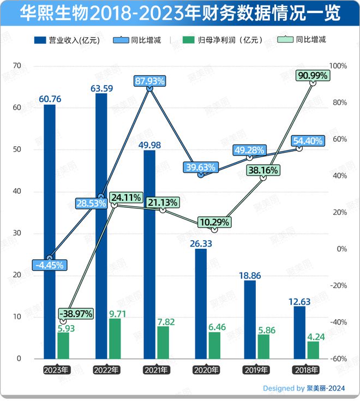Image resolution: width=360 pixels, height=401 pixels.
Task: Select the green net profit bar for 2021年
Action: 163,342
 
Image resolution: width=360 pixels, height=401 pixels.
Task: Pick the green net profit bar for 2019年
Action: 263,346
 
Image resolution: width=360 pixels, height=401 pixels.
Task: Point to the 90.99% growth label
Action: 313,76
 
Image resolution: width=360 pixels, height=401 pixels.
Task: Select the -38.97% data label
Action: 76,314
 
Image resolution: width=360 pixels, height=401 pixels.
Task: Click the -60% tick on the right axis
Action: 339,358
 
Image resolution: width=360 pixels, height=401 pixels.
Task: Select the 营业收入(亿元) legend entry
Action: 65,40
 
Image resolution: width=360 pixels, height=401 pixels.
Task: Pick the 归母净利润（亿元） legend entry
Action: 224,40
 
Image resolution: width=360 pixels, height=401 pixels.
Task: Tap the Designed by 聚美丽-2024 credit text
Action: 304,388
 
